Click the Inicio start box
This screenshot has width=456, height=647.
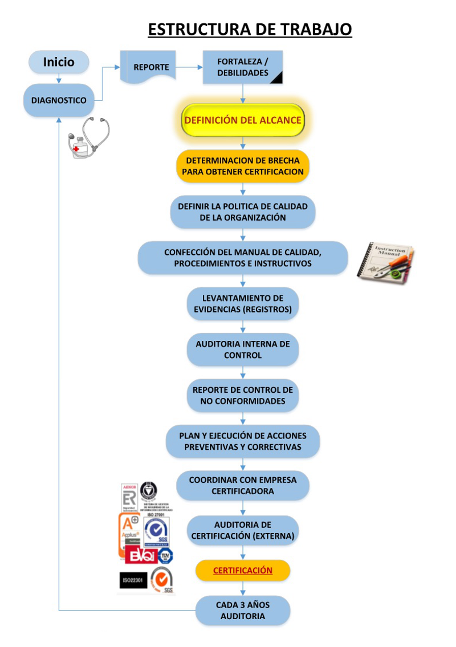59,62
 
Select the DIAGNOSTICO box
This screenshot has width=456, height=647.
59,100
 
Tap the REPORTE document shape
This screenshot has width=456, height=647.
151,67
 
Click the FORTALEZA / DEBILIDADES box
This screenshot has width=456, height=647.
243,68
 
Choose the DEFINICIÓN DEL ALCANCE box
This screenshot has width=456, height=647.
242,120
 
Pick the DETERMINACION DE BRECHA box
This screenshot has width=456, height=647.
243,166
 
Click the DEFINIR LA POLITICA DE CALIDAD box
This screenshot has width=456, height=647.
243,211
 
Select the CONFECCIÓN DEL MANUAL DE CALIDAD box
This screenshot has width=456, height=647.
243,258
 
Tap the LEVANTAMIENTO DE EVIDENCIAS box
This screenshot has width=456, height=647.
243,304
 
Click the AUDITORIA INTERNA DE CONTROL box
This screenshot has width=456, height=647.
243,349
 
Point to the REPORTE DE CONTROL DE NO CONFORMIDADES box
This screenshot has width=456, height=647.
243,396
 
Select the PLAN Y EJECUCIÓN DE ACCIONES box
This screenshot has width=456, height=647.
243,441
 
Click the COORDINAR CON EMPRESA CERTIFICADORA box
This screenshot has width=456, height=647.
243,485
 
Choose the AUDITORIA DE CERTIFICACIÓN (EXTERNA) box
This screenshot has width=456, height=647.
243,530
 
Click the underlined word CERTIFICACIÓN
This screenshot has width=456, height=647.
243,571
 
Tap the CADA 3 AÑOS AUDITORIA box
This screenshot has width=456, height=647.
243,611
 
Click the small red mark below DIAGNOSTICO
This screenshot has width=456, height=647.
76,149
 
